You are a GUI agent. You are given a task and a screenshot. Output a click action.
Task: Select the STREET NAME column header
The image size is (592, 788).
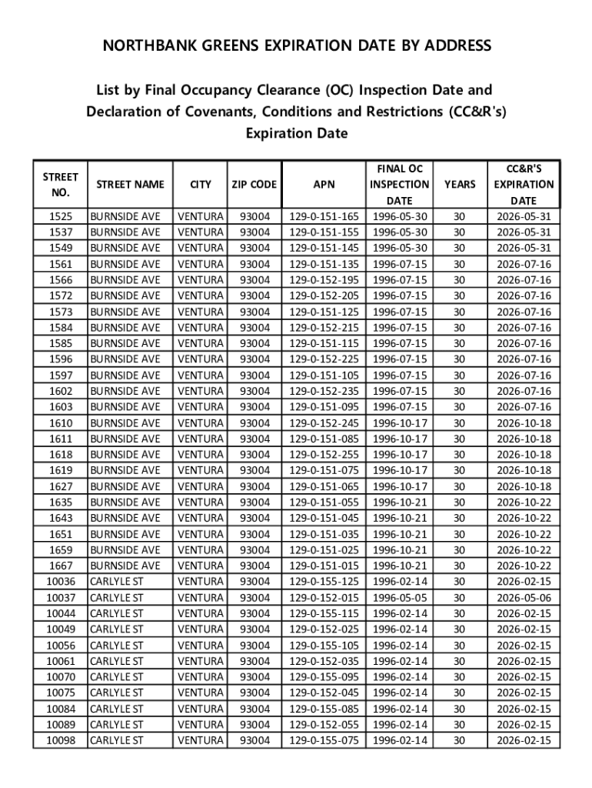pyautogui.click(x=129, y=185)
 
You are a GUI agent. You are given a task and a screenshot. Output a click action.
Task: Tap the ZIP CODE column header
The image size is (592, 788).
pyautogui.click(x=254, y=185)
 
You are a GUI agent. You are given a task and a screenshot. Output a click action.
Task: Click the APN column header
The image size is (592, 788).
pyautogui.click(x=324, y=185)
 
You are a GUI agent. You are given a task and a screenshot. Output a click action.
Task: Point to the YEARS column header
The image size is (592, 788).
pyautogui.click(x=459, y=185)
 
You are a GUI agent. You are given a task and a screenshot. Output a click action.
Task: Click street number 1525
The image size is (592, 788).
pyautogui.click(x=61, y=216)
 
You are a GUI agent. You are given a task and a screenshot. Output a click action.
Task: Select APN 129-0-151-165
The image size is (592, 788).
pyautogui.click(x=324, y=216)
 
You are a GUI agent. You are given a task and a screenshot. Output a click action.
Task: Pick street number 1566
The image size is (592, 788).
pyautogui.click(x=61, y=280)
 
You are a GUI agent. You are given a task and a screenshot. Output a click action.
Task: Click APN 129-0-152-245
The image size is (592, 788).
pyautogui.click(x=324, y=423)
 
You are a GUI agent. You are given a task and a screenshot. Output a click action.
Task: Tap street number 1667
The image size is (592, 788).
pyautogui.click(x=61, y=566)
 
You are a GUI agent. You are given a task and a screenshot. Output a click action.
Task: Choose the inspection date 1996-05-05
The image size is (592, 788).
pyautogui.click(x=400, y=598)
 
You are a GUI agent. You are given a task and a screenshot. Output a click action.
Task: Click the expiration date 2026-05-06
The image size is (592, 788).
pyautogui.click(x=524, y=598)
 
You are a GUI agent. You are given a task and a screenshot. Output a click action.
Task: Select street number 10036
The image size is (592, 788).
pyautogui.click(x=61, y=582)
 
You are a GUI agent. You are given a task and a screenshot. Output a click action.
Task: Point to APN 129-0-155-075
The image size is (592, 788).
pyautogui.click(x=324, y=740)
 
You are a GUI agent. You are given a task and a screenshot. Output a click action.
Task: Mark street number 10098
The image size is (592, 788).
pyautogui.click(x=61, y=740)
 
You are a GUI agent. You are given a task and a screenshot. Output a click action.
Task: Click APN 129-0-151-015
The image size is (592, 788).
pyautogui.click(x=324, y=566)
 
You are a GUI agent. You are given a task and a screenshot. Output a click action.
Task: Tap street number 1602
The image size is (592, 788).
pyautogui.click(x=61, y=391)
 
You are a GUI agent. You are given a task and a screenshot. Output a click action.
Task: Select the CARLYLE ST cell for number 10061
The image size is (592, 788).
pyautogui.click(x=117, y=661)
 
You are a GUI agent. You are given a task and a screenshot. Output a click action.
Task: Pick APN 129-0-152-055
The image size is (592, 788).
pyautogui.click(x=324, y=725)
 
